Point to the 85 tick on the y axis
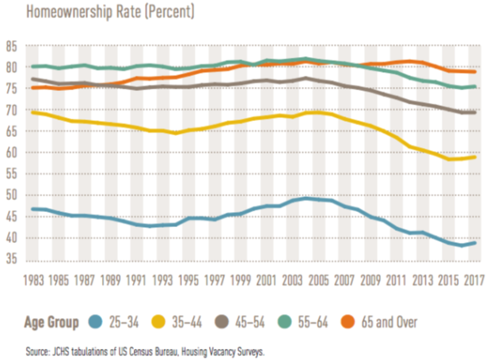click(x=12, y=47)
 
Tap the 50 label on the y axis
click(x=12, y=195)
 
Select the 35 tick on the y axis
click(x=12, y=260)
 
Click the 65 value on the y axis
click(x=12, y=131)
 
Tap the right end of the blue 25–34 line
click(x=475, y=243)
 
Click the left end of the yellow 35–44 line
click(x=31, y=112)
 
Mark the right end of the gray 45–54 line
click(x=475, y=112)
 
